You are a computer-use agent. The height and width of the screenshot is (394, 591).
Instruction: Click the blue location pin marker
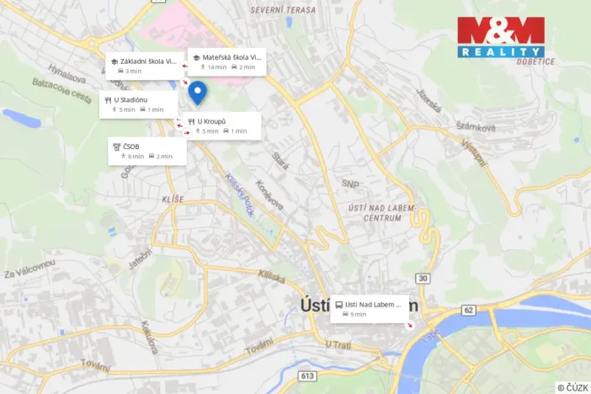[x=197, y=93]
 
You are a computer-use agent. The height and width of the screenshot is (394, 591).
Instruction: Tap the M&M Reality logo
[x=500, y=37]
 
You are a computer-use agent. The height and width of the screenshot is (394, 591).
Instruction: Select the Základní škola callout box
[x=142, y=65]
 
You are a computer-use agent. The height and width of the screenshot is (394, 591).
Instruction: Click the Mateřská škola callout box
[x=226, y=61]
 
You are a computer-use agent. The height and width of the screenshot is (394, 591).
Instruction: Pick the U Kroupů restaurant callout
[x=221, y=125]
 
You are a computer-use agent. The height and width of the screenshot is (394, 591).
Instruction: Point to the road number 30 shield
[x=422, y=278]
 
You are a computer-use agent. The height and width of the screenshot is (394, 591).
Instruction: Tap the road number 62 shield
[x=468, y=310]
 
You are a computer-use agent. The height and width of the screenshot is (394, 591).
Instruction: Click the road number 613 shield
[x=306, y=375]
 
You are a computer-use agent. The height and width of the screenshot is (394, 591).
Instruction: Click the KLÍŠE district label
[x=172, y=199]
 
